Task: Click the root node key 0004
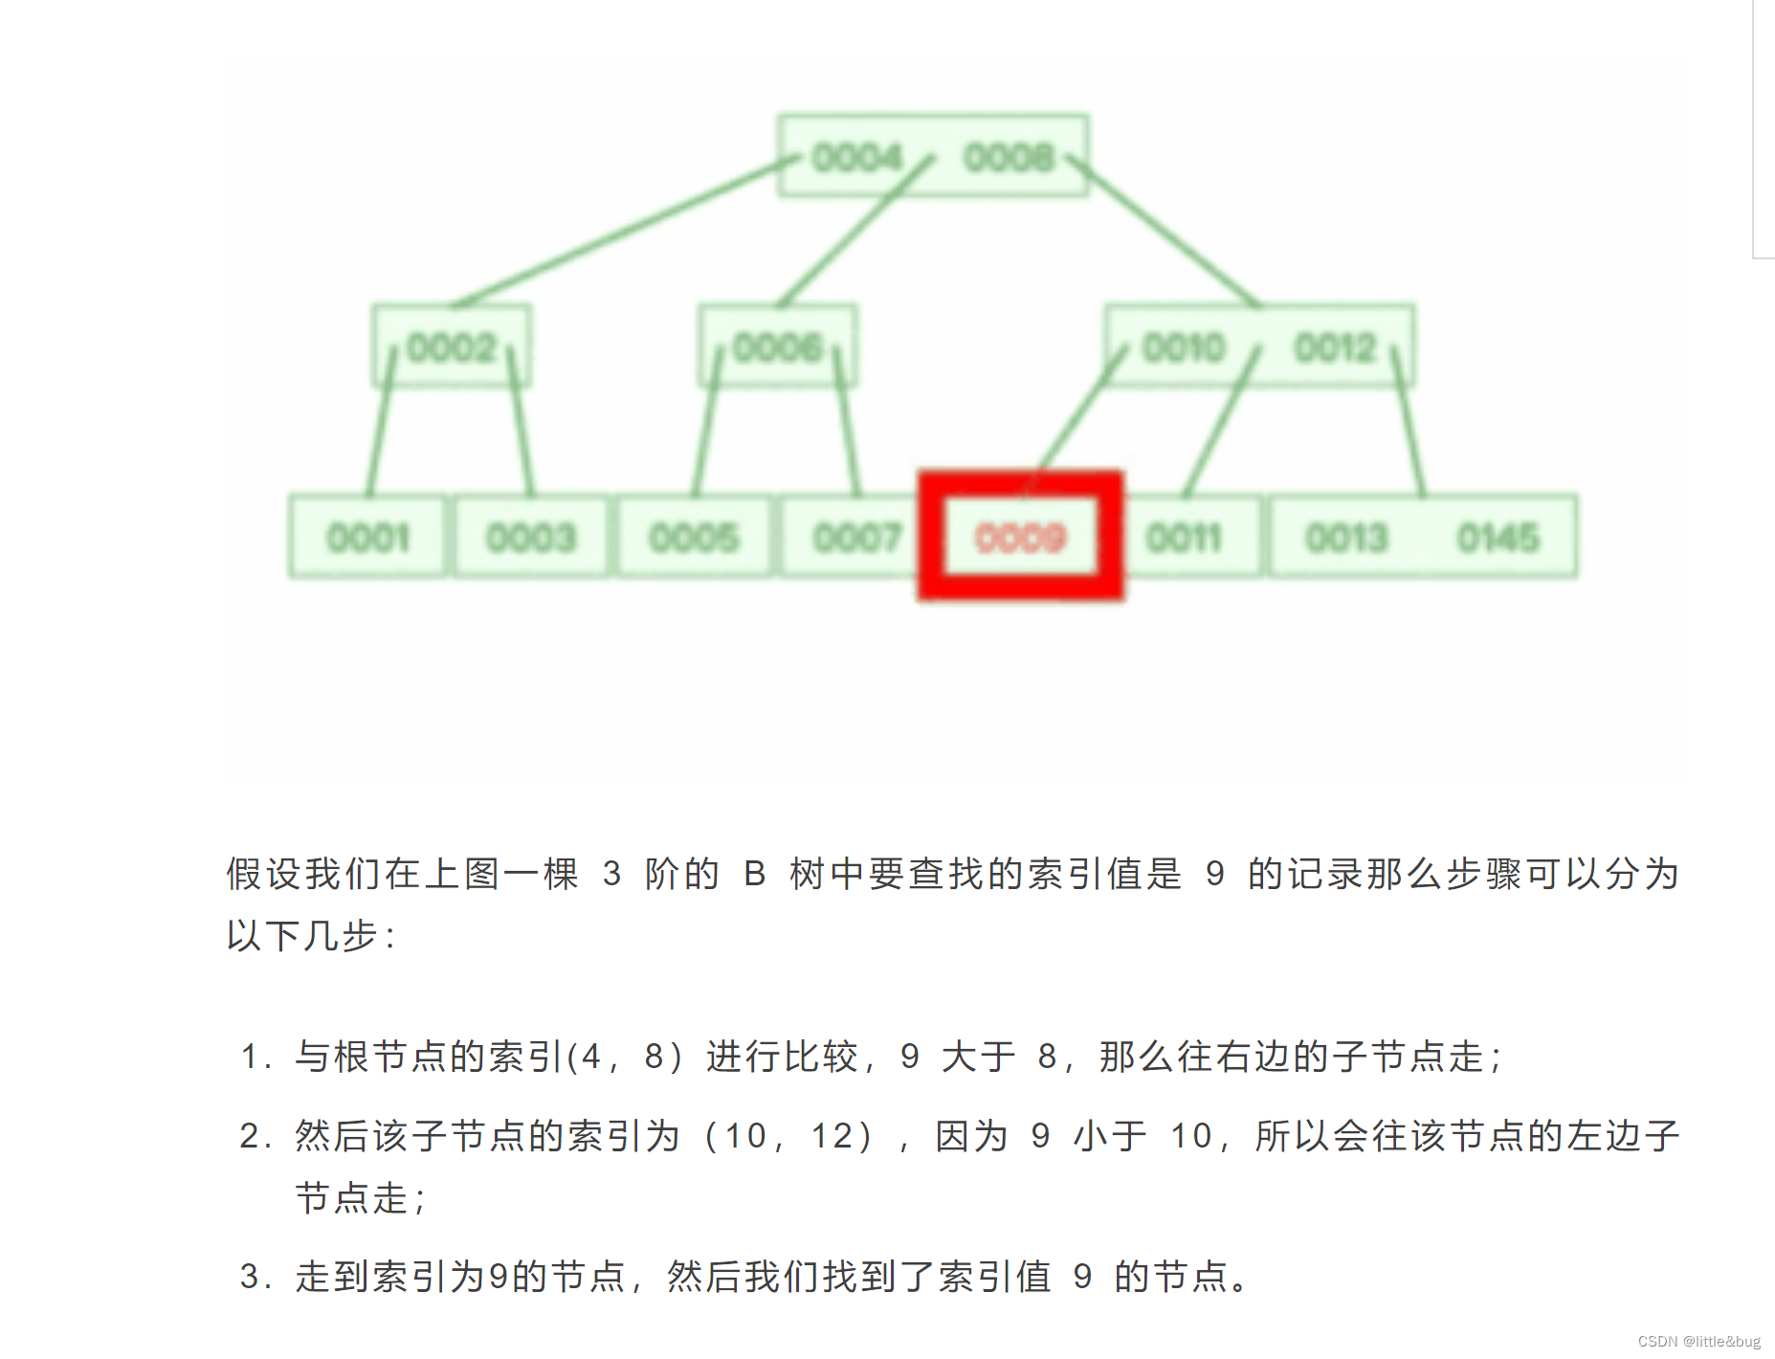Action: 856,157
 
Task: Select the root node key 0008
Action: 1009,157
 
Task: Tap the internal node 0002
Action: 452,347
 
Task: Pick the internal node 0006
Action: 778,347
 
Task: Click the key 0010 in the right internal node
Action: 1184,347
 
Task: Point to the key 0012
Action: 1335,347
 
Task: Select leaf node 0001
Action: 368,538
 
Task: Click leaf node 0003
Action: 531,538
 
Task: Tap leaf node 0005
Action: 694,538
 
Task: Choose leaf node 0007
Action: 857,538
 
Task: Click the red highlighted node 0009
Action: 1020,538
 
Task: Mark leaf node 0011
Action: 1185,538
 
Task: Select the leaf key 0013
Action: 1346,538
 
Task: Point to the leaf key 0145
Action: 1498,538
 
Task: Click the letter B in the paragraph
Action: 754,874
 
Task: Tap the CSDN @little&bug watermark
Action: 1698,1342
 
